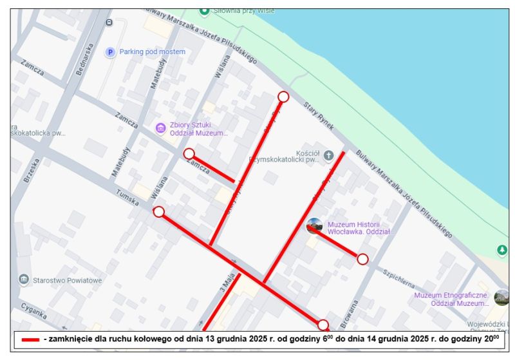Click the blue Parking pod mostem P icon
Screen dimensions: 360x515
point(110,52)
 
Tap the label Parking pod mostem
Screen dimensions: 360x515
point(152,52)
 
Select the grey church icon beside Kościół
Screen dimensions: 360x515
point(328,155)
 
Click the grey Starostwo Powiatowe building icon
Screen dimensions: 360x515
point(24,279)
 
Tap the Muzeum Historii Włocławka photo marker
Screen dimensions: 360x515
point(314,225)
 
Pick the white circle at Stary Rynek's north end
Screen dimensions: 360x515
point(283,97)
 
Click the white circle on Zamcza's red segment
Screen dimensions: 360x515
point(189,153)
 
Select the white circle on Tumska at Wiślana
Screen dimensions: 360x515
point(159,212)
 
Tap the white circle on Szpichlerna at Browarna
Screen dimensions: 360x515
point(362,259)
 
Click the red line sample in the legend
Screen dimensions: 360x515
point(30,339)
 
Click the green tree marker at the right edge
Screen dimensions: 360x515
point(502,249)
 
